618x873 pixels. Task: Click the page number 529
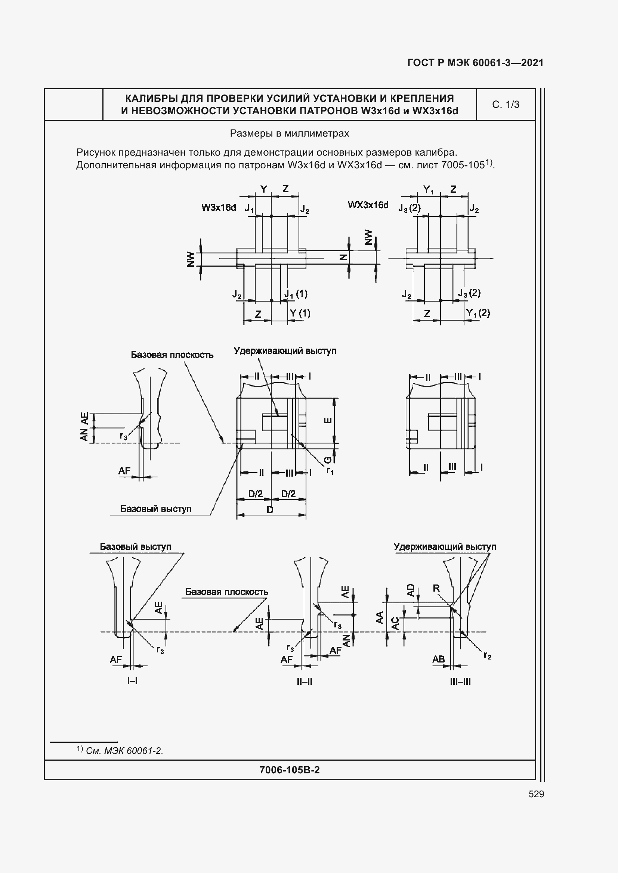click(x=536, y=794)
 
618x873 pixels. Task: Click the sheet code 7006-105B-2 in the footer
click(x=289, y=770)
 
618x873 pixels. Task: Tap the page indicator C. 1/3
click(x=506, y=105)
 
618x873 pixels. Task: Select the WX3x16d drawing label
click(x=368, y=205)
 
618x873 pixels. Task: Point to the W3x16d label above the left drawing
click(x=219, y=208)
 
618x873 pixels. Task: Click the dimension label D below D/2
click(x=270, y=510)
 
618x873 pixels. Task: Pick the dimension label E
click(x=328, y=421)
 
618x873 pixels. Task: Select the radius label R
click(x=436, y=588)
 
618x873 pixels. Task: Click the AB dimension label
click(x=438, y=659)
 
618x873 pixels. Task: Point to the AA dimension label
click(x=379, y=617)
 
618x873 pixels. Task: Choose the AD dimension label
click(x=410, y=590)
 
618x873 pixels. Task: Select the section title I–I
click(x=132, y=680)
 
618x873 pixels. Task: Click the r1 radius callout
click(x=330, y=471)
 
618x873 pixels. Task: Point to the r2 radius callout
click(x=488, y=655)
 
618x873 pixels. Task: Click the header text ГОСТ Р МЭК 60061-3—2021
click(x=475, y=63)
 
